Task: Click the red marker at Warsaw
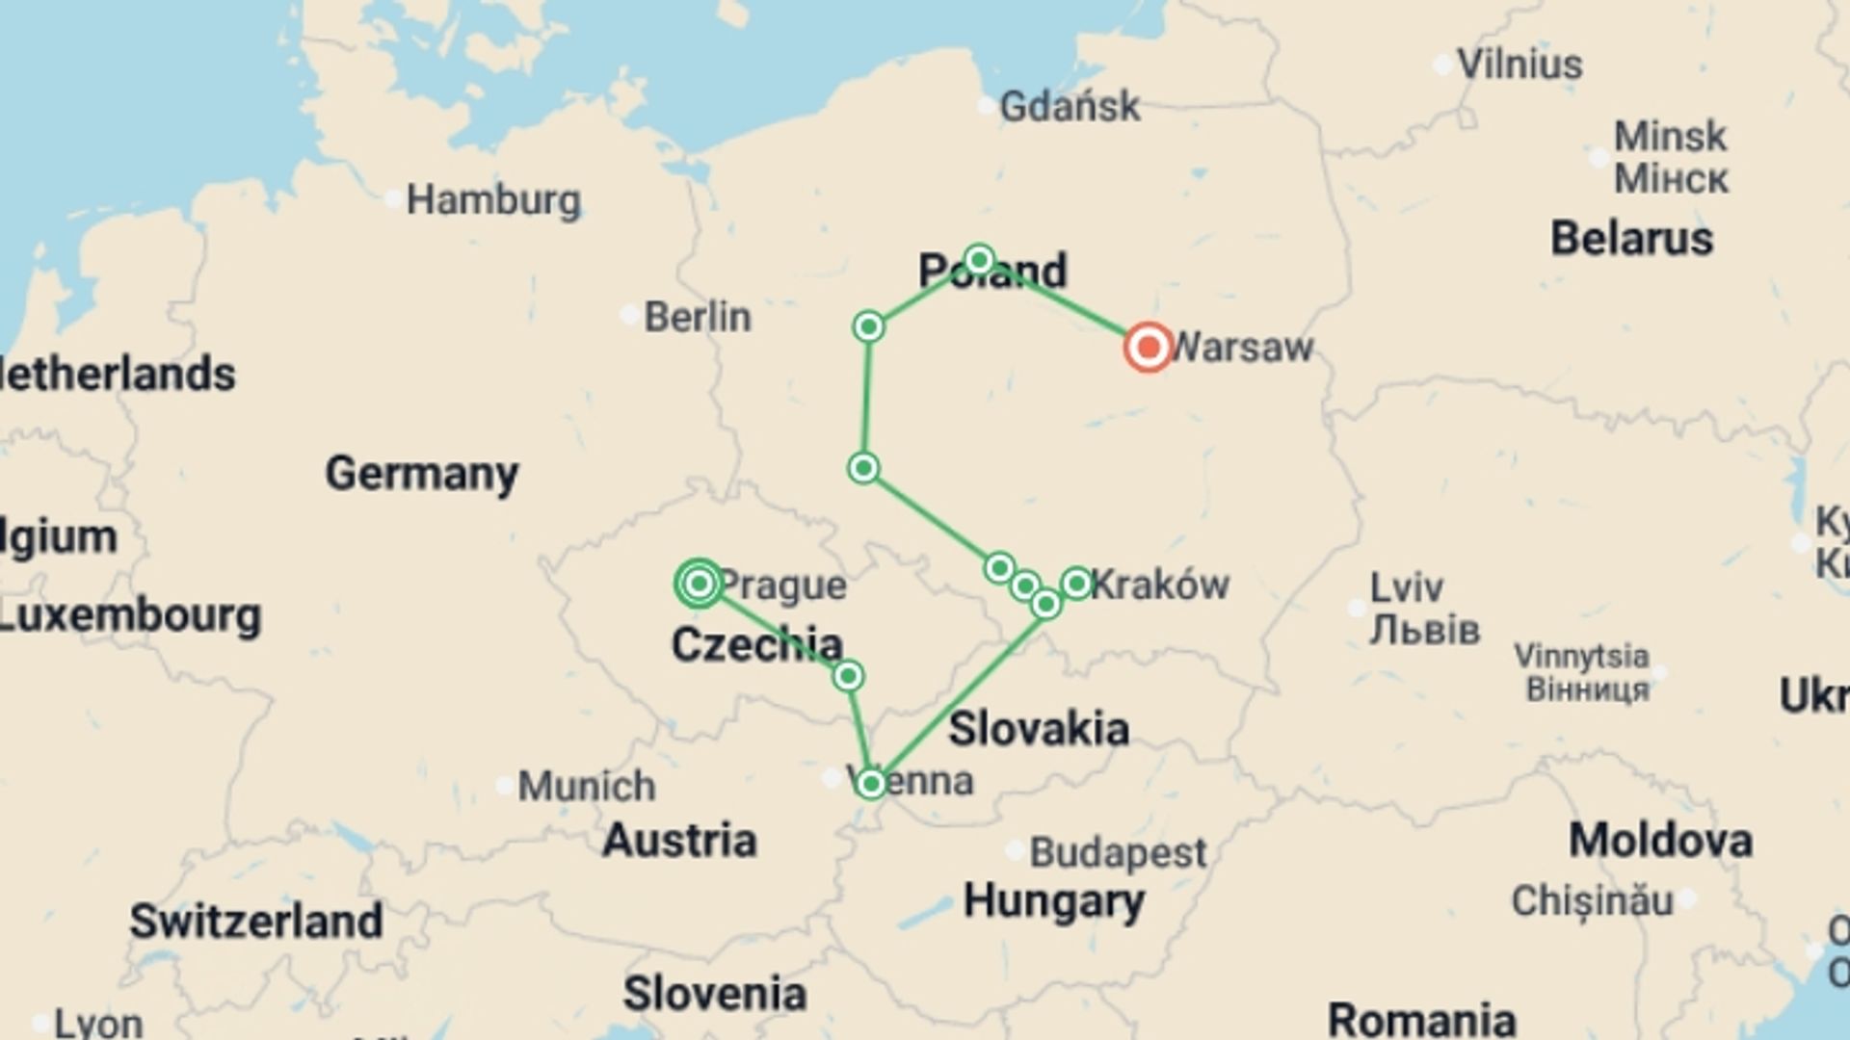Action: [x=1148, y=347]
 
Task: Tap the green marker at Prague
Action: [x=700, y=584]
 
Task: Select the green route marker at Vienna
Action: [x=871, y=783]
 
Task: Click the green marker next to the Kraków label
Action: [x=1076, y=583]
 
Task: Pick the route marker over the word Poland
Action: [x=979, y=260]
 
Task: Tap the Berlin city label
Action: [x=697, y=317]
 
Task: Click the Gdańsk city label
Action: [x=1070, y=106]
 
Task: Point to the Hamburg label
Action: [x=493, y=200]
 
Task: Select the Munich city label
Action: [x=586, y=786]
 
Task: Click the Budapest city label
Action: [x=1118, y=852]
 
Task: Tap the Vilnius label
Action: [x=1520, y=65]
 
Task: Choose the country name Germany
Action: [x=421, y=473]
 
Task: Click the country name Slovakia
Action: [x=1039, y=729]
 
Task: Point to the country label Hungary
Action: [x=1054, y=901]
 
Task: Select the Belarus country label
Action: [x=1631, y=238]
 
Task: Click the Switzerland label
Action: [x=256, y=921]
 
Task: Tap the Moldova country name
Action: [x=1660, y=841]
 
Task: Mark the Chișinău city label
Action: [x=1592, y=901]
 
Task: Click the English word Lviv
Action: [x=1407, y=586]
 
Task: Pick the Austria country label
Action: [x=679, y=841]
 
